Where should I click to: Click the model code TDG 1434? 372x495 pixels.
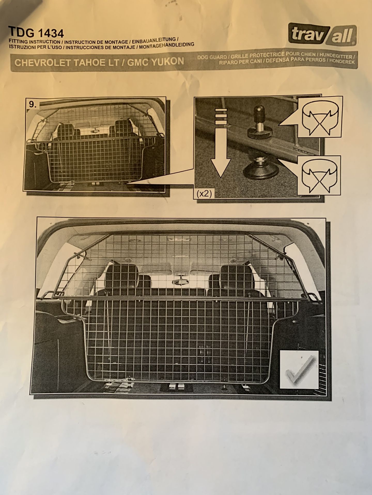pos(36,33)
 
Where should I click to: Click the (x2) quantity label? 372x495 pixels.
pos(204,194)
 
